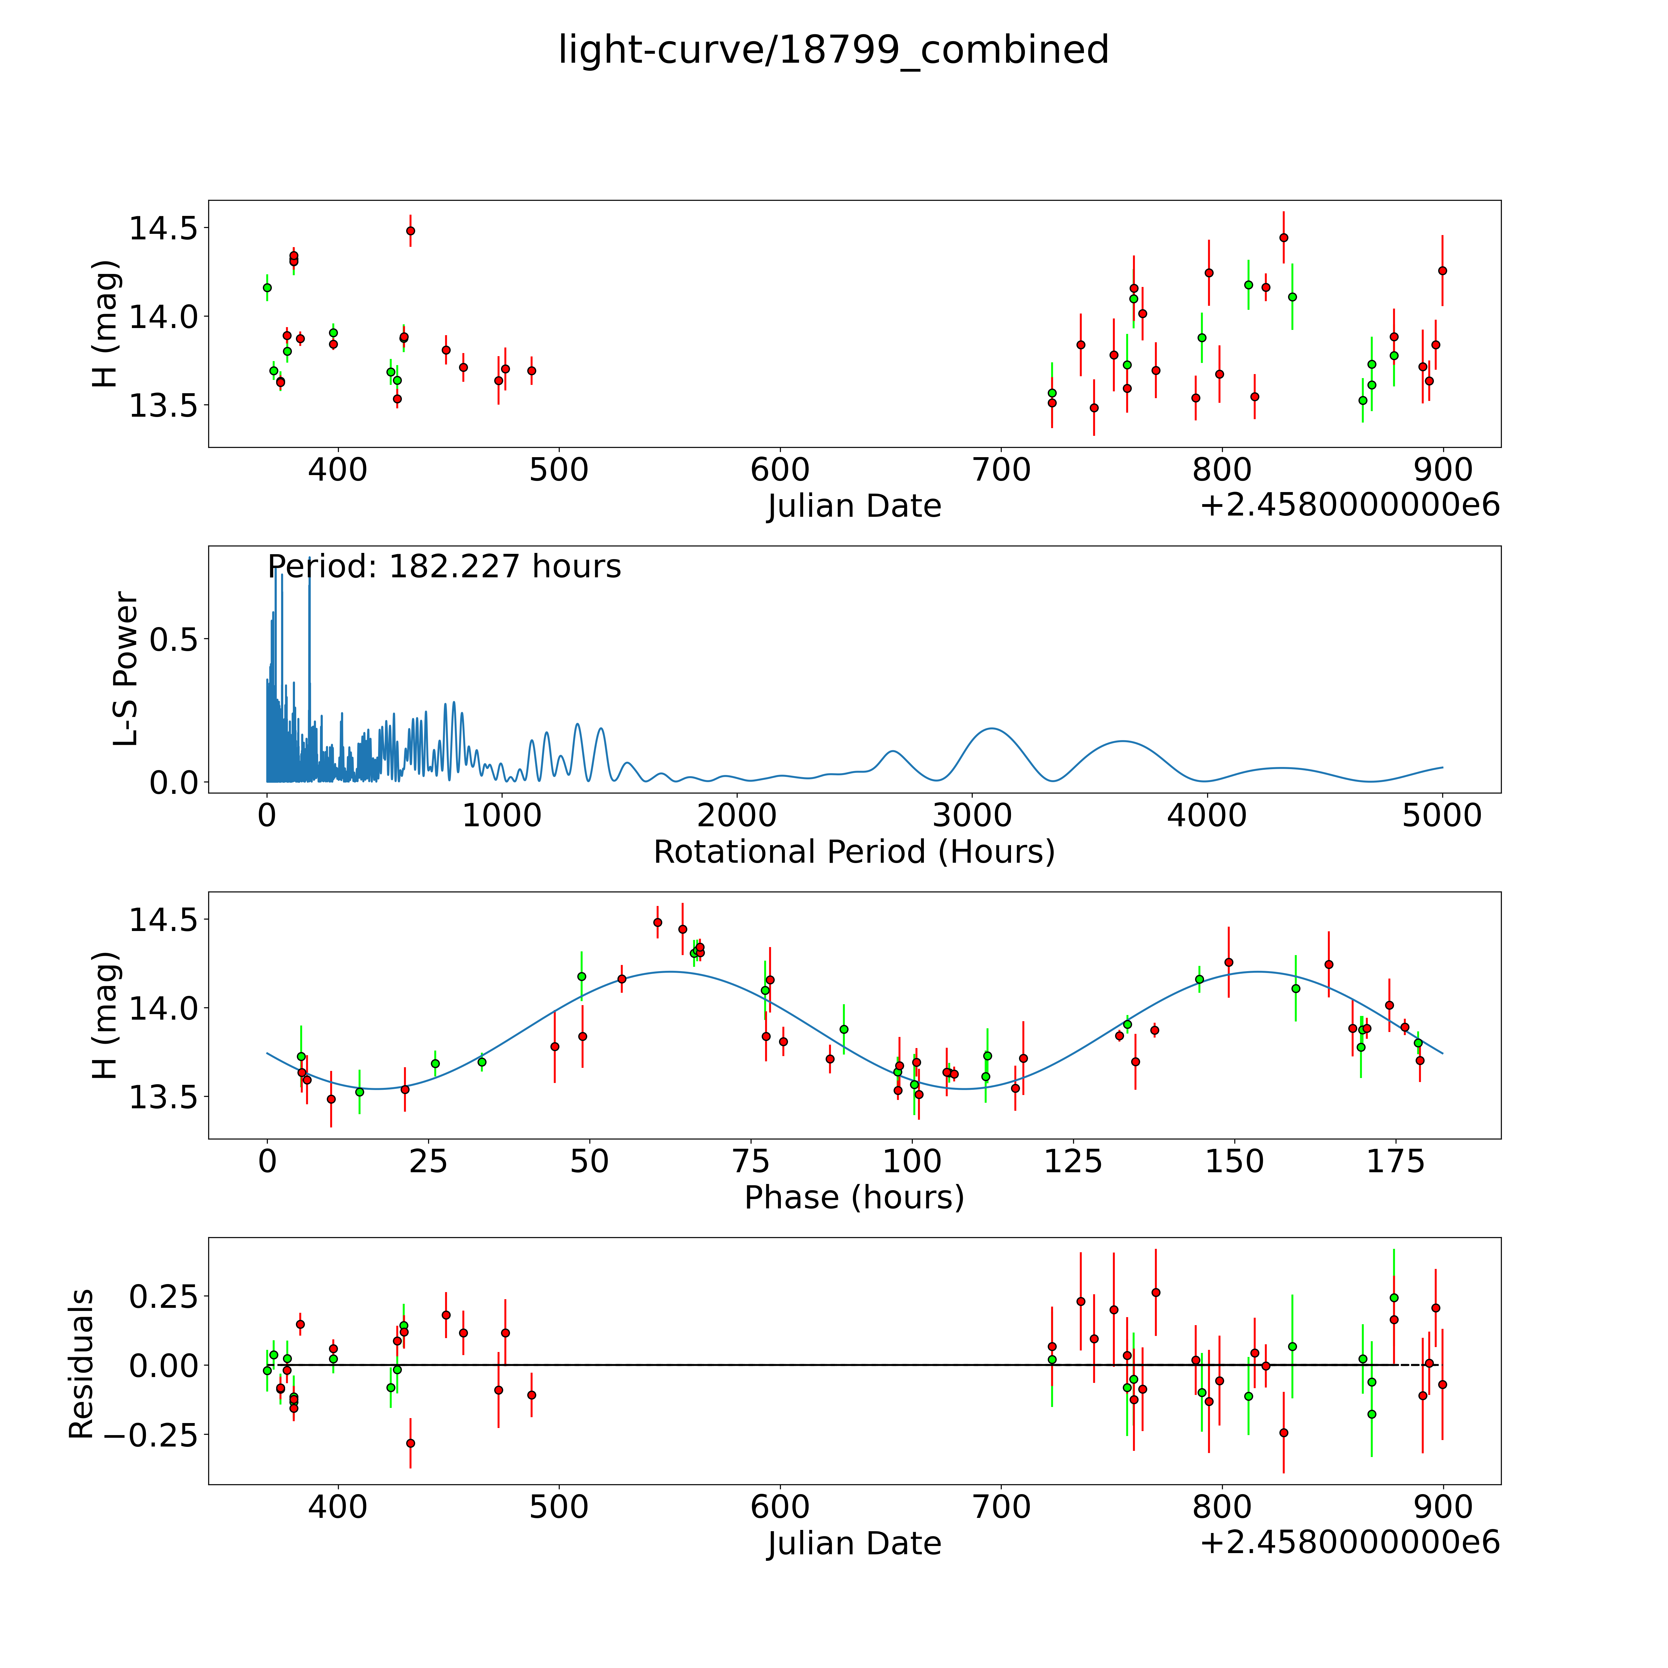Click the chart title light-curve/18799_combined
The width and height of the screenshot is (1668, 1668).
pyautogui.click(x=833, y=50)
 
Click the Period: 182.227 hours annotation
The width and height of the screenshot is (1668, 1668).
pyautogui.click(x=444, y=567)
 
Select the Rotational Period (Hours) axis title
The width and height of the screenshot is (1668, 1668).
pyautogui.click(x=854, y=852)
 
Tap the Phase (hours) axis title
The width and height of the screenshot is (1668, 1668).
pyautogui.click(x=854, y=1198)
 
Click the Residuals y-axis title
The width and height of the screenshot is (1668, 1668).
pyautogui.click(x=81, y=1364)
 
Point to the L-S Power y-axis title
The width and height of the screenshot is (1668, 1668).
pyautogui.click(x=126, y=669)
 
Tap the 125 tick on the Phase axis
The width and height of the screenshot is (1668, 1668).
pyautogui.click(x=1073, y=1161)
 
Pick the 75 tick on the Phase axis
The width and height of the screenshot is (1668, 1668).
pyautogui.click(x=750, y=1161)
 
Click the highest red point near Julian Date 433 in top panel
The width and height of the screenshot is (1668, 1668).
pyautogui.click(x=410, y=230)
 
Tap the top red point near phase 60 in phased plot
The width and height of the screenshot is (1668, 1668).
pyautogui.click(x=658, y=922)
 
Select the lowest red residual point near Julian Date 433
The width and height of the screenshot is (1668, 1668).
pyautogui.click(x=410, y=1443)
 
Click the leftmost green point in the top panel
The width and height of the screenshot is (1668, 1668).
pyautogui.click(x=267, y=288)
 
